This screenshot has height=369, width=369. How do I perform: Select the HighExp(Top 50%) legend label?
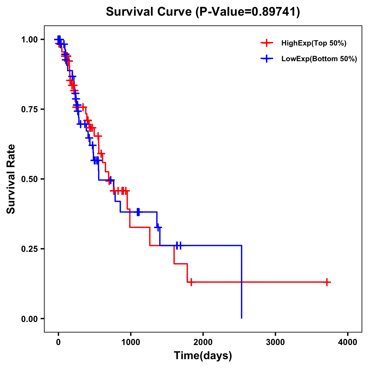tap(314, 43)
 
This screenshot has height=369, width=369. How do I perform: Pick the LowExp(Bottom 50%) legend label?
tap(319, 59)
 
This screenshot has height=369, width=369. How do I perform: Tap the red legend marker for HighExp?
tap(267, 43)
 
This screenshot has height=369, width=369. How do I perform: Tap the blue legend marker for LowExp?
tap(267, 59)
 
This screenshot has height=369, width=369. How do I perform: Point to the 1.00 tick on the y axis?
tap(29, 40)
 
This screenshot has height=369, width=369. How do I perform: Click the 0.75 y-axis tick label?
tap(29, 109)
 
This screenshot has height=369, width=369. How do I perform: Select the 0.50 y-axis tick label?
tap(29, 179)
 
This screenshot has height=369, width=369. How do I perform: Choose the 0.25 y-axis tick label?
tap(29, 249)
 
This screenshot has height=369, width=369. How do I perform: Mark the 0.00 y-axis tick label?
tap(29, 319)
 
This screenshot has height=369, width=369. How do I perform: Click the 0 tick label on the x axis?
tap(58, 342)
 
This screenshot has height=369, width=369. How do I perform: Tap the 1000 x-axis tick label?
tap(130, 342)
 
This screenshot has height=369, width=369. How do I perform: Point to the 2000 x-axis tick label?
tap(203, 342)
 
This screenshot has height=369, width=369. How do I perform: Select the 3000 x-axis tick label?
tap(275, 342)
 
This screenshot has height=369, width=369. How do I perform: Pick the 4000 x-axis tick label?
tap(348, 342)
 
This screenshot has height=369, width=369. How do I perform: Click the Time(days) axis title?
tap(203, 356)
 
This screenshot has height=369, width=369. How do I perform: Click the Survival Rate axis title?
tap(11, 179)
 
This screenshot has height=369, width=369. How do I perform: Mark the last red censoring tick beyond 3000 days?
tap(327, 282)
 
